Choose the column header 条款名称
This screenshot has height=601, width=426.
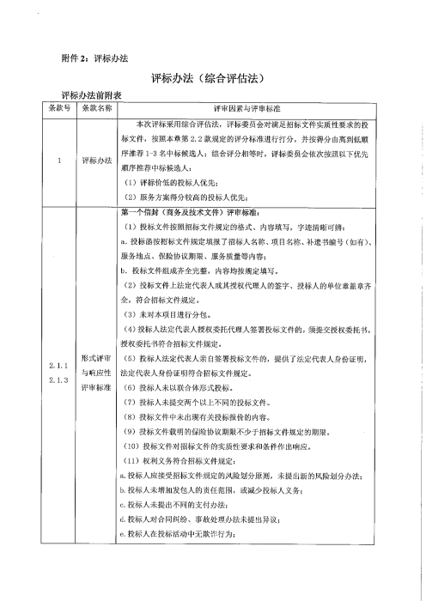[x=96, y=108]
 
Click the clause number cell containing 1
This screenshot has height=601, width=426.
[x=58, y=160]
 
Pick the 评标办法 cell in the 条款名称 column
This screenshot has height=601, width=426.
[x=96, y=160]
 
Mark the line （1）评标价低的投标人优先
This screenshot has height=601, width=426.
[x=169, y=183]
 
